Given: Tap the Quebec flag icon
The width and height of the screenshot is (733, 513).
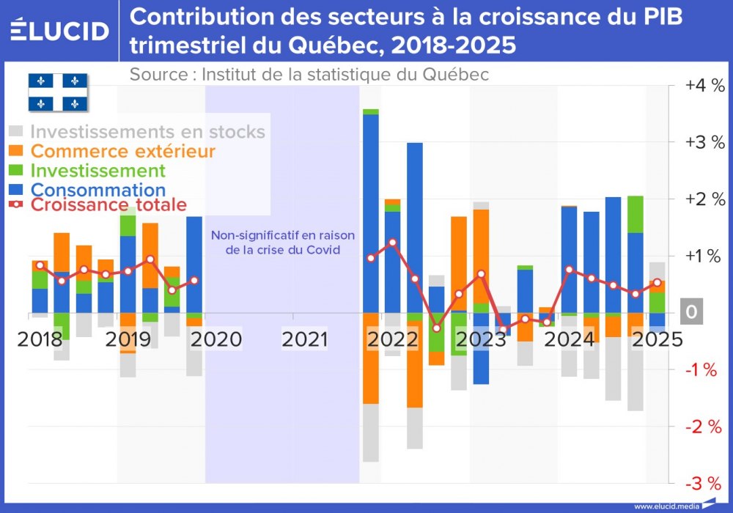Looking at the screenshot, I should coord(58,92).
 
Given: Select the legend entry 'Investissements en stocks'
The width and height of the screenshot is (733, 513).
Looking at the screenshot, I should coord(147,132).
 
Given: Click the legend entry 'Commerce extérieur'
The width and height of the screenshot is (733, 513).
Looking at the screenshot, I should coord(123,152).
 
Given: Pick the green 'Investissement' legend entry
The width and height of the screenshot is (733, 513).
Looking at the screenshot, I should coord(97,171).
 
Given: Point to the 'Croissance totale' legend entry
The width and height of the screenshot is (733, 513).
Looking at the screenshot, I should coord(108,205).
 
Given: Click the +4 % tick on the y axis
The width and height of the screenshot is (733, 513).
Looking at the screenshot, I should coord(704,85).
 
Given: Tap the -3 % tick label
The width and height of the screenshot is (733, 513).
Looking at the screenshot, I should coord(704,483).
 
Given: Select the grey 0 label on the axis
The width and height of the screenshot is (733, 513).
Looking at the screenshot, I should coord(691,313).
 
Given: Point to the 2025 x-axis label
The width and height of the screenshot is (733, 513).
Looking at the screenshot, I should coord(657,339).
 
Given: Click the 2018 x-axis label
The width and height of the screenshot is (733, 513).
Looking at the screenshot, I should coord(41,339).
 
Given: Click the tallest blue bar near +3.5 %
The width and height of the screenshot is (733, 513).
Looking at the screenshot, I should coord(371,213).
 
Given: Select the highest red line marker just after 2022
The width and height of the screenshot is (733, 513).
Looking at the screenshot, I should coord(393,242).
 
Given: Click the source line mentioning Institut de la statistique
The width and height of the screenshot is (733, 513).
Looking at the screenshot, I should coord(309,75).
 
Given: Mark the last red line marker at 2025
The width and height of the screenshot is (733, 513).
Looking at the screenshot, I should coord(657,283).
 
